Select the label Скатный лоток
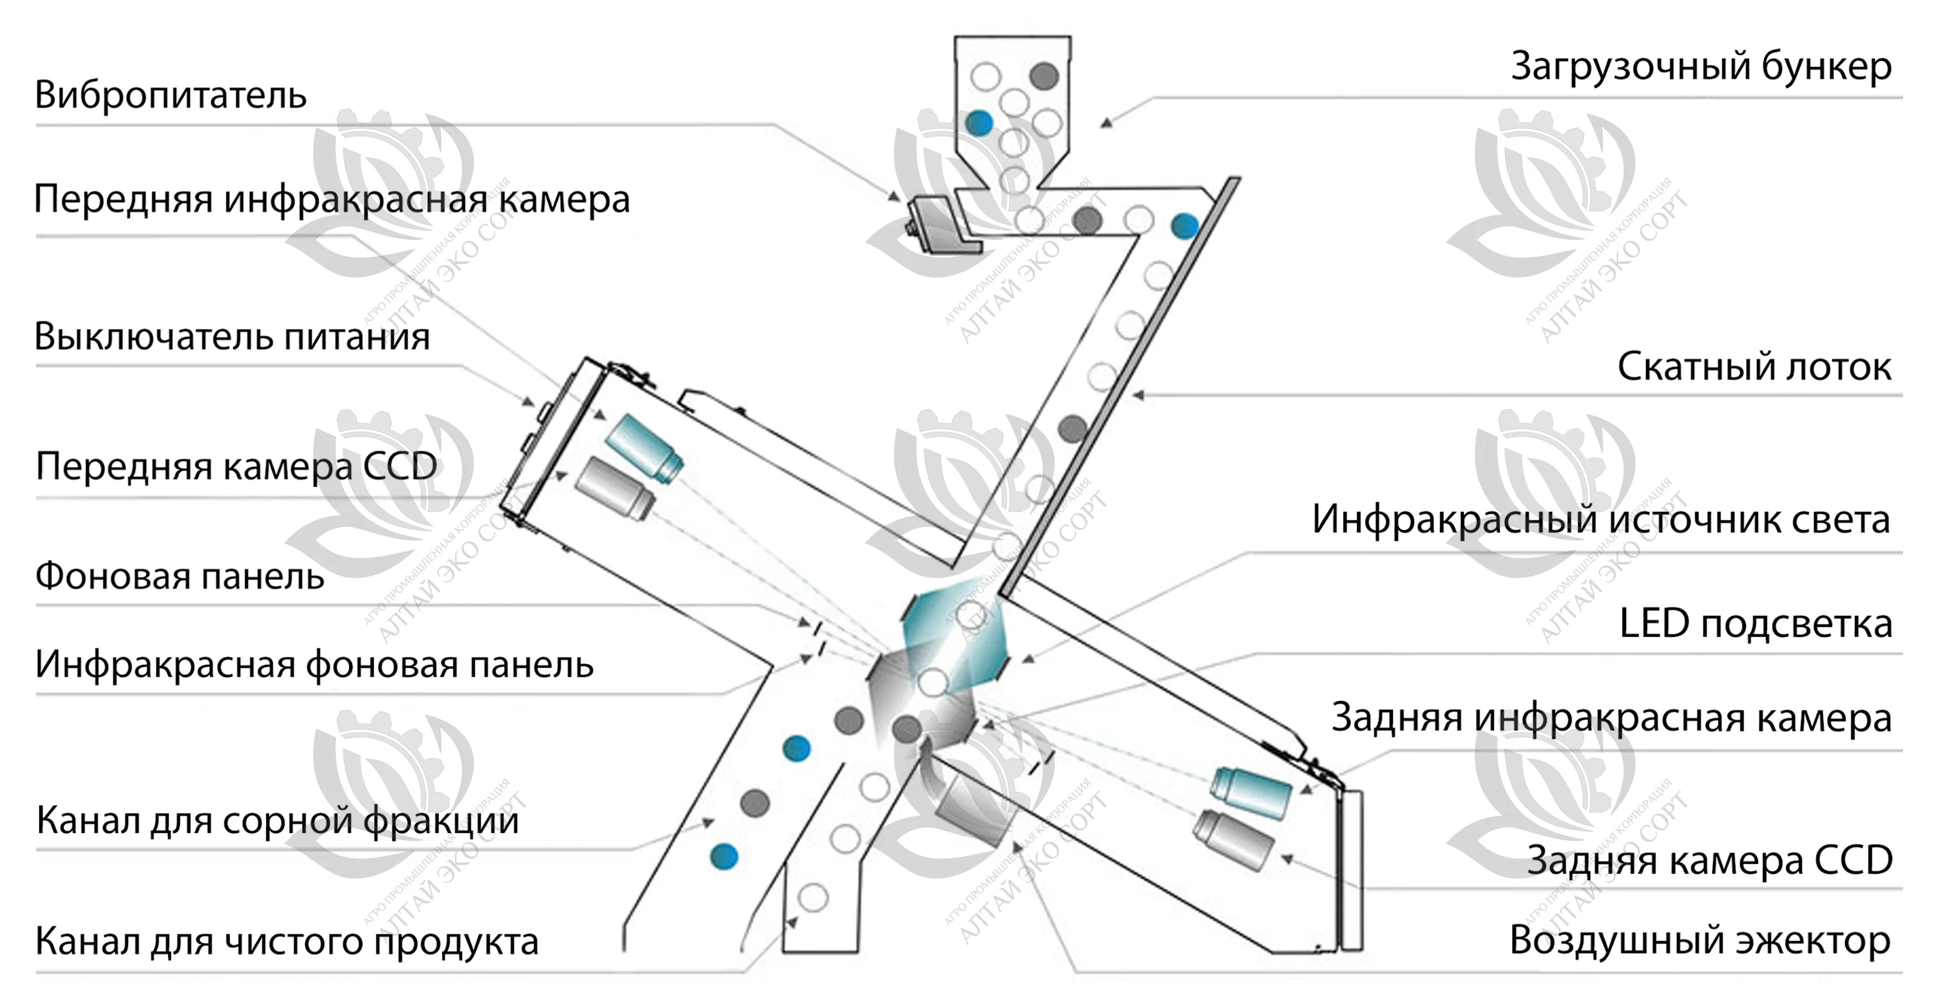(1754, 367)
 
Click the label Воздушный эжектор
(1699, 941)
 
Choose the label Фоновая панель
(179, 577)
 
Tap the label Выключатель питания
(231, 336)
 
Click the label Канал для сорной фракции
(276, 821)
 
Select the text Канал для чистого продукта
(286, 941)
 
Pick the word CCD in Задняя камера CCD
(1852, 860)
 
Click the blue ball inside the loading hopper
(979, 122)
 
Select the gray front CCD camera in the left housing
(615, 489)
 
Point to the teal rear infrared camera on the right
(1251, 793)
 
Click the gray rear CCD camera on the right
(1233, 839)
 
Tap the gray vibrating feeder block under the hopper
(940, 224)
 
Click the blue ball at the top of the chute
(1184, 225)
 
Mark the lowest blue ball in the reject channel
(724, 856)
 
